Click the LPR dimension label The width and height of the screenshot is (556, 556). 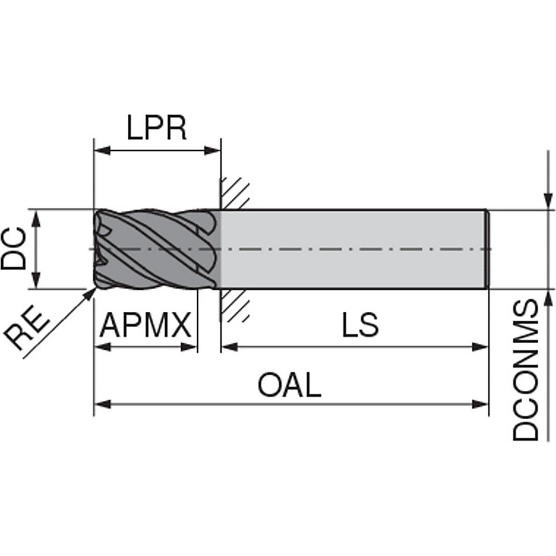coord(156,129)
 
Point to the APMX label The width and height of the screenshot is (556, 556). coord(145,326)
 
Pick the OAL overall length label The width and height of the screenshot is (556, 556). coord(290,385)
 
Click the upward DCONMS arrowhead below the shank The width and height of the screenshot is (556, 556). coord(548,297)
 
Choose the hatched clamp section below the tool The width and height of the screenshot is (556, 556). coord(233,306)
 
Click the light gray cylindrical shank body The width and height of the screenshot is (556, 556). coord(356,249)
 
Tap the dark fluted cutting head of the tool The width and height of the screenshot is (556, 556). coord(156,249)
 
